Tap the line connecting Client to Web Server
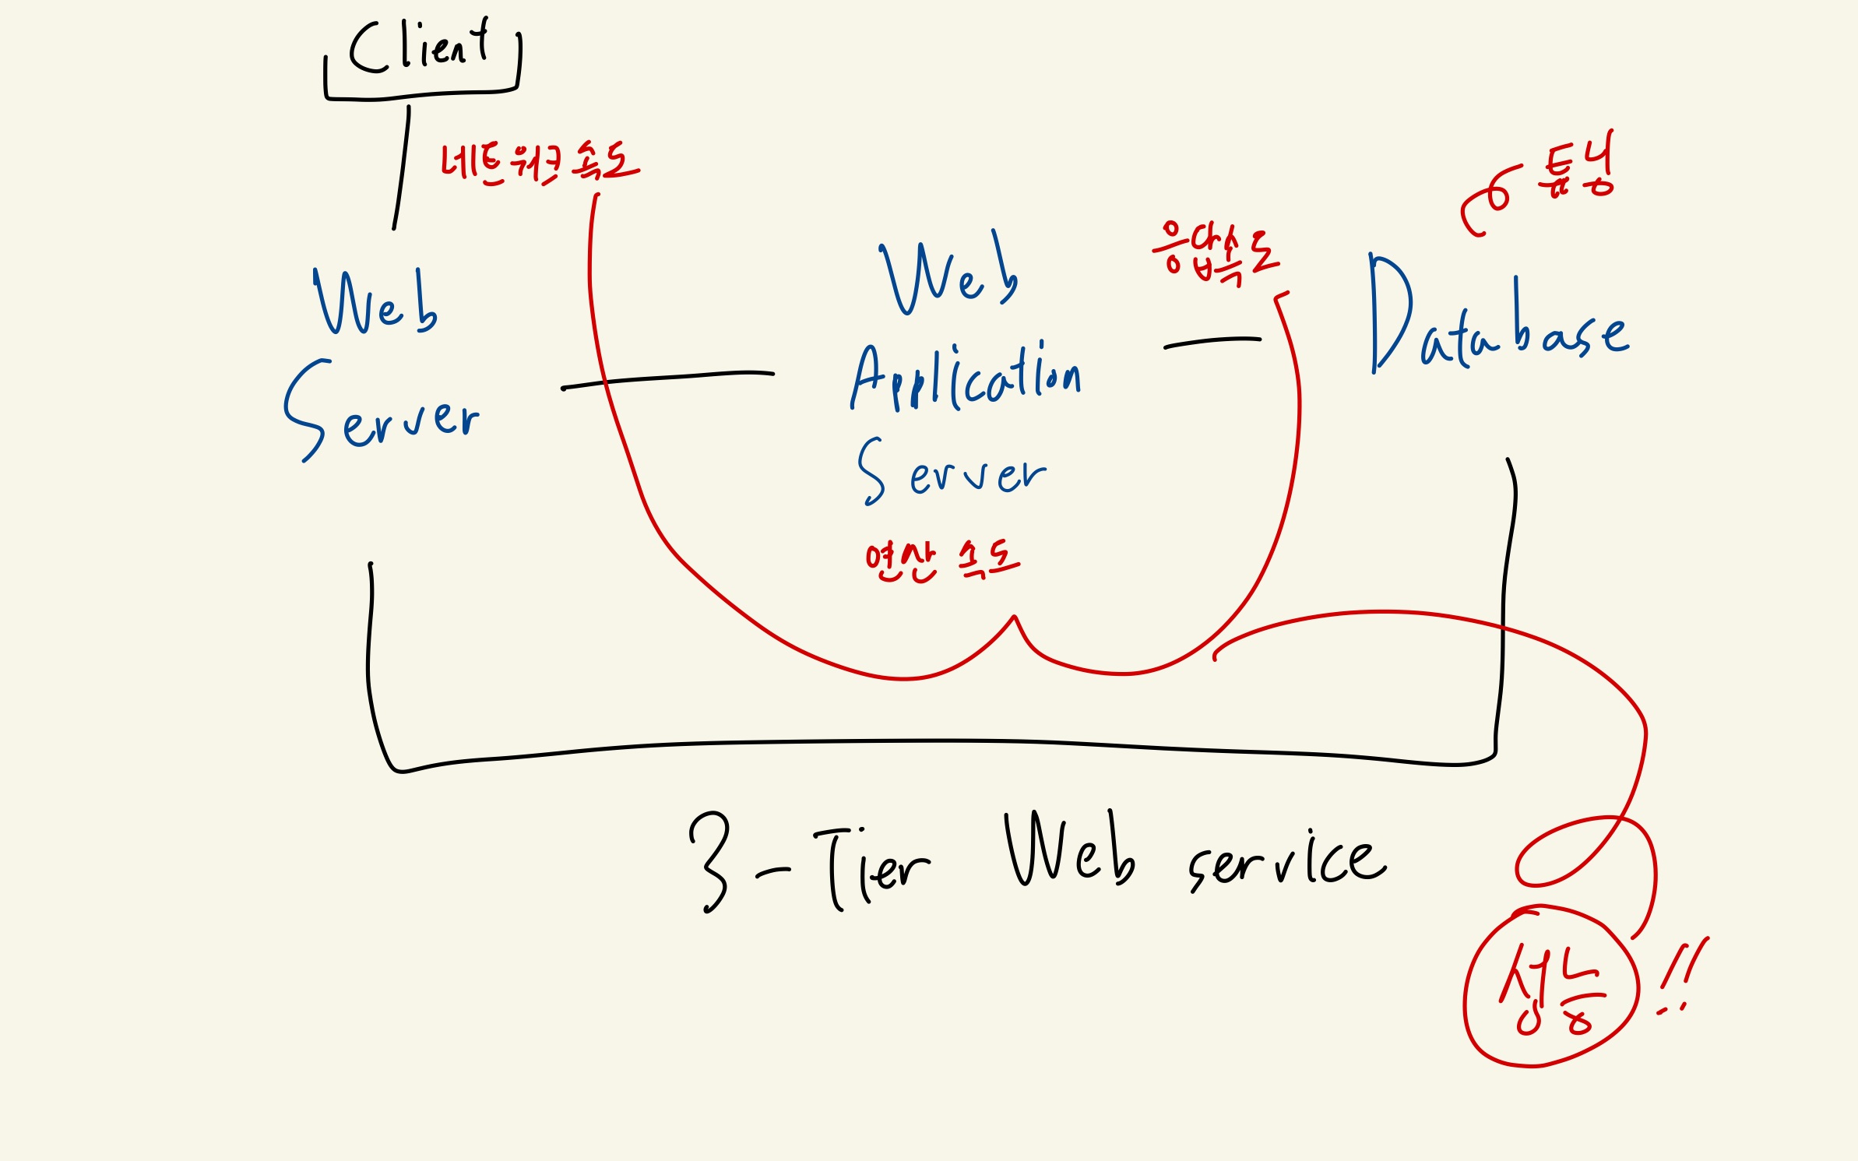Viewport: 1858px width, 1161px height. [x=402, y=167]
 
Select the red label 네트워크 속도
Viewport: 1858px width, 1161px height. [x=539, y=164]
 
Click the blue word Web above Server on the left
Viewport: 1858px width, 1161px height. [x=375, y=304]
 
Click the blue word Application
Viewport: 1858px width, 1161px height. [x=966, y=378]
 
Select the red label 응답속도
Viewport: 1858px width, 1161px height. [x=1215, y=253]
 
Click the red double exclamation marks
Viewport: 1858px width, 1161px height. [x=1682, y=977]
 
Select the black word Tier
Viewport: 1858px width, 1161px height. [x=872, y=868]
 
